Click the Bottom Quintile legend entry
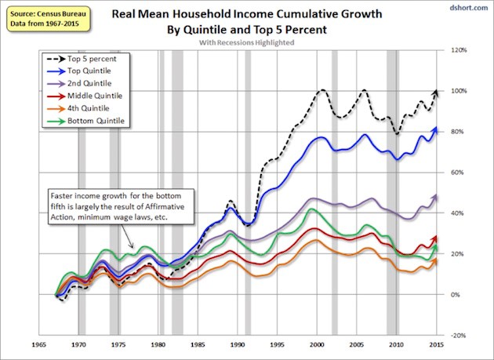point(97,120)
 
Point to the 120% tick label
point(460,50)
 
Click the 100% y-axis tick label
point(460,91)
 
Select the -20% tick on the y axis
point(460,335)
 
